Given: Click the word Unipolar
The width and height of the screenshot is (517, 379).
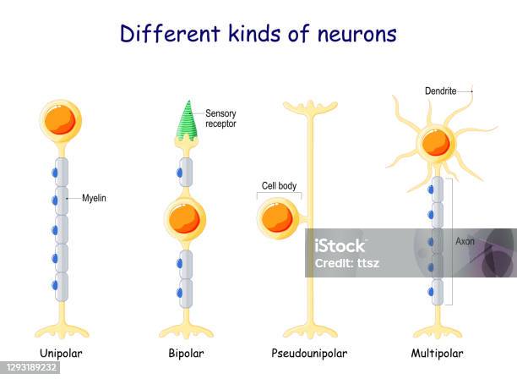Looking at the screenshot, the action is (61, 354).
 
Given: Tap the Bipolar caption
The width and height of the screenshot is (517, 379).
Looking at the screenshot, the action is (187, 354).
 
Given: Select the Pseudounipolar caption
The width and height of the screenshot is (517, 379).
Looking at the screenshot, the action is (309, 354).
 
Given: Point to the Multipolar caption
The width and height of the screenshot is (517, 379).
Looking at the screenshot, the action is (437, 354).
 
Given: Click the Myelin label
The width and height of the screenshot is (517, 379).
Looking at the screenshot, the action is (95, 199).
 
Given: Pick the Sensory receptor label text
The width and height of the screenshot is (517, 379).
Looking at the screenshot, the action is (220, 118).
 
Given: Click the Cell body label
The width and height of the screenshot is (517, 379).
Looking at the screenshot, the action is (279, 186).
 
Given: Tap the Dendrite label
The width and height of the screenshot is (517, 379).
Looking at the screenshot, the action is (440, 91).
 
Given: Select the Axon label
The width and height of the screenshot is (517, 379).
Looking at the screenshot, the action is (465, 241).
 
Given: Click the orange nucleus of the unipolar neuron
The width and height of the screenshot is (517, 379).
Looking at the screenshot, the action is (60, 119).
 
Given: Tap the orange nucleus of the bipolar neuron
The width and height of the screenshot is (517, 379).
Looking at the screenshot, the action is (184, 218).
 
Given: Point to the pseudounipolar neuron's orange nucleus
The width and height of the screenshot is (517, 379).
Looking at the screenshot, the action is (277, 218).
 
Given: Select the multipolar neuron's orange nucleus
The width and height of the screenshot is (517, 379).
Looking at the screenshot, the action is (436, 143).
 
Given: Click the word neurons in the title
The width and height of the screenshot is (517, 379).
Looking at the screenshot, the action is (357, 34).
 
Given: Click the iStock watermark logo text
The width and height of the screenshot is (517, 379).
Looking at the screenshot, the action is (340, 246).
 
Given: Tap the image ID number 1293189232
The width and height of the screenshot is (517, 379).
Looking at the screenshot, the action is (30, 367).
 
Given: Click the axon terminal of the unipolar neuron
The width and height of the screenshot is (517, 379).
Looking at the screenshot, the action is (62, 331).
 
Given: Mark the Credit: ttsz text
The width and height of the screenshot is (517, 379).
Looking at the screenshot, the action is (347, 263).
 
